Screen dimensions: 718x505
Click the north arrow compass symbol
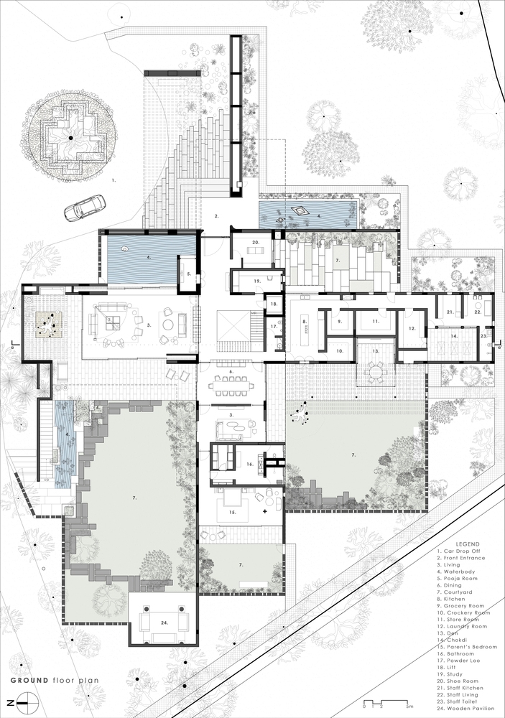(x=24, y=701)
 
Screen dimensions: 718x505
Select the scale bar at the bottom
(x=386, y=701)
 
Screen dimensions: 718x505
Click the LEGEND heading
(x=457, y=544)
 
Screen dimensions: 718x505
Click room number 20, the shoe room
(x=255, y=243)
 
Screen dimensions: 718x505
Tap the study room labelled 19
(x=255, y=280)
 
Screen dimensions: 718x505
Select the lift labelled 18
(x=274, y=304)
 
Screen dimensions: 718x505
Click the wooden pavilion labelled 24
(x=164, y=622)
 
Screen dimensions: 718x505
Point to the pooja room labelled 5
(x=187, y=274)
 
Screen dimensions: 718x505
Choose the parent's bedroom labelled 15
(x=232, y=513)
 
